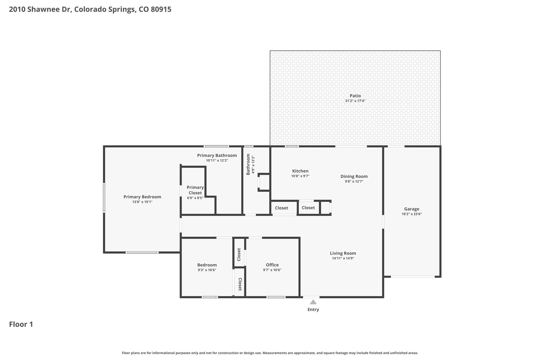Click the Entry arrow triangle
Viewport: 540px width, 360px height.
(313, 302)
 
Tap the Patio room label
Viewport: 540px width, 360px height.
(355, 96)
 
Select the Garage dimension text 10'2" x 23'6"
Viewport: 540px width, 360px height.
(411, 214)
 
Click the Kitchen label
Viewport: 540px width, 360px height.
(300, 171)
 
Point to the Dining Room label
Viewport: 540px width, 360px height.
(354, 176)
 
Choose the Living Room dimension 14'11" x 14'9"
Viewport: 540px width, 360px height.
(343, 258)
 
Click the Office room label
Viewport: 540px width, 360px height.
(272, 265)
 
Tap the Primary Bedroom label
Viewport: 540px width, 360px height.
(142, 197)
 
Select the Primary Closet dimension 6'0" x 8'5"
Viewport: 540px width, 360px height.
(195, 198)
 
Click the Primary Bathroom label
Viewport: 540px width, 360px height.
(217, 156)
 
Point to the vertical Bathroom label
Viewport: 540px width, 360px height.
(248, 164)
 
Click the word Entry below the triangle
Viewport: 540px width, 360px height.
(313, 309)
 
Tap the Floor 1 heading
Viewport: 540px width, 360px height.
(21, 324)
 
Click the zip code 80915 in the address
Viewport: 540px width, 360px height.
(161, 9)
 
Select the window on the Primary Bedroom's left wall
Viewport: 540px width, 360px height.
(104, 198)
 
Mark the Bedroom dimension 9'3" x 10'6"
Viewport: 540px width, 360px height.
(207, 270)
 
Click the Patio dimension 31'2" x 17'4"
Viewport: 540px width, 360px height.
(355, 101)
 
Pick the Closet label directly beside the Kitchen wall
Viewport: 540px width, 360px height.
(281, 208)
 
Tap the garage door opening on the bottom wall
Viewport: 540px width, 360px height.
(413, 277)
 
